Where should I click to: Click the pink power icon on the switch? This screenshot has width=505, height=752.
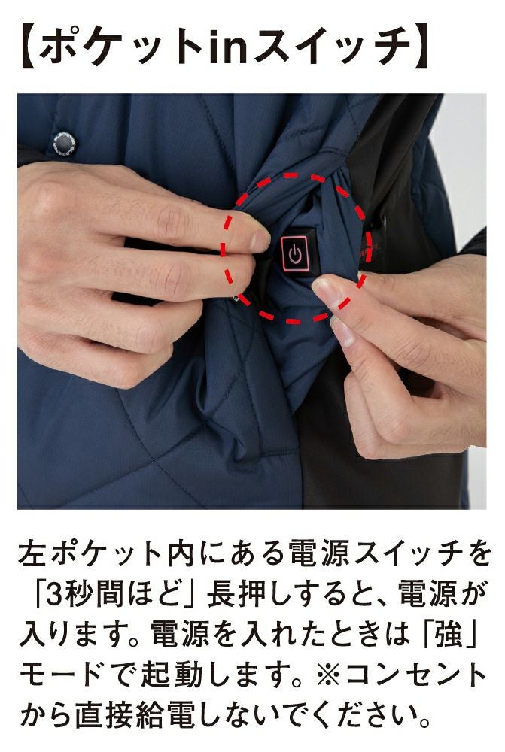click(295, 254)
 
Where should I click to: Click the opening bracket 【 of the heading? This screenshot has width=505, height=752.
click(29, 46)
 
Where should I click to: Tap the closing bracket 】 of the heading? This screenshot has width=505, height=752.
click(421, 46)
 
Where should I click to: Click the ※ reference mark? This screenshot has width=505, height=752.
click(329, 675)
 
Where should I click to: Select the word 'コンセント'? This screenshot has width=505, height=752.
click(415, 675)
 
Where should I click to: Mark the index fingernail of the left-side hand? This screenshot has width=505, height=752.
click(260, 240)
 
